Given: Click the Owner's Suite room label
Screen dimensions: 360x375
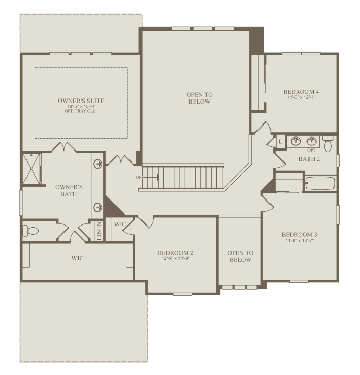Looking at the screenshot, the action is click(81, 101).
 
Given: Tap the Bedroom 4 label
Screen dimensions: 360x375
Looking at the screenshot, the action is click(301, 92).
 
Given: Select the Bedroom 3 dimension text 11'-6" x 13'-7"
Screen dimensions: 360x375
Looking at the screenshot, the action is click(300, 240).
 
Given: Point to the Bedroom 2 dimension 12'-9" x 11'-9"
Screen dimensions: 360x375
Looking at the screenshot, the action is click(175, 258).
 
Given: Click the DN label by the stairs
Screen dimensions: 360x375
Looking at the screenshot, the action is click(138, 178).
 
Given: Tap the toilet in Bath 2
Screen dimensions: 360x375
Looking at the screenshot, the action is click(328, 144).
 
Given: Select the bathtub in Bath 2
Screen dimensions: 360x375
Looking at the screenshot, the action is click(320, 183).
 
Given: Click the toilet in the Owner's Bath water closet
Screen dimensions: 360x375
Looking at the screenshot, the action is click(31, 231).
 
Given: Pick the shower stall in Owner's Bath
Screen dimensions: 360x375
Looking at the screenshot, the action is click(32, 169).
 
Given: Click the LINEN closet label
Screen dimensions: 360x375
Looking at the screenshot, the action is click(99, 231).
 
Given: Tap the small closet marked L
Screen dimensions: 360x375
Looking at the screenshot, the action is click(280, 142).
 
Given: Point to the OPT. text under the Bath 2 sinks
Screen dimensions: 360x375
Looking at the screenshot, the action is click(312, 150).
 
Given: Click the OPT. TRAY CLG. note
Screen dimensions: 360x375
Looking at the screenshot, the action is click(81, 111).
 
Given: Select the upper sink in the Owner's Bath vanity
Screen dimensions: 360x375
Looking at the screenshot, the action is click(98, 164).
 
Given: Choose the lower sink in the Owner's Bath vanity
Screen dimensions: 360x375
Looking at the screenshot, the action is click(98, 207).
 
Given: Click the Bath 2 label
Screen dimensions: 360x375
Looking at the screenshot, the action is click(309, 159).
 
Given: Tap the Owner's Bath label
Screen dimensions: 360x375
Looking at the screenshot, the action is click(69, 191).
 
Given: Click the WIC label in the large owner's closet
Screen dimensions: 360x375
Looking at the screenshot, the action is click(78, 258).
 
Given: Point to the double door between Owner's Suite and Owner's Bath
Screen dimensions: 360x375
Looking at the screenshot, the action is click(64, 147).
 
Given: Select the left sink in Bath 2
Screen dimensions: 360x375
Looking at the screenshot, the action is click(295, 141).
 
